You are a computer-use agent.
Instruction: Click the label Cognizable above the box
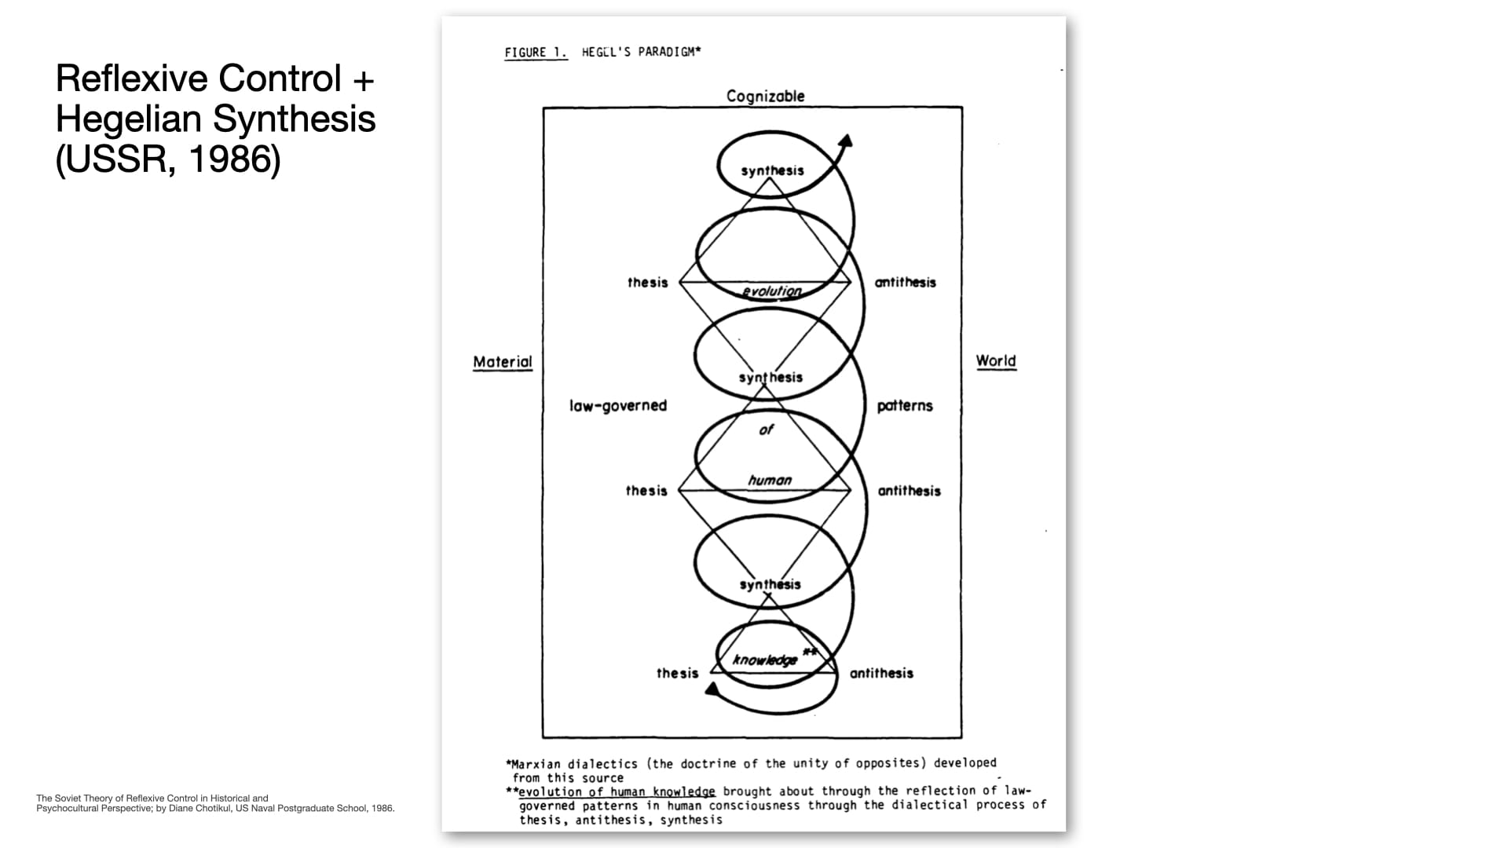766,97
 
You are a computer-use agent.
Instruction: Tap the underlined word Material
503,362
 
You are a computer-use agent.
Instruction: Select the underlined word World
996,361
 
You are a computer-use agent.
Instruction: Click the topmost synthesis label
772,170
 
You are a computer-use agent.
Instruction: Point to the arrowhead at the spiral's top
845,141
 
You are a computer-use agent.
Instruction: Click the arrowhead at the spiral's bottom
713,689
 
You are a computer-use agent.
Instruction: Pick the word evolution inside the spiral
772,291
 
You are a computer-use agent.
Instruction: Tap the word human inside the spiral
770,480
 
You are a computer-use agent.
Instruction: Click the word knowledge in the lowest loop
765,660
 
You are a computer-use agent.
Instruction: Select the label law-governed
618,406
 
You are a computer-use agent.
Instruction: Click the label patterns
905,406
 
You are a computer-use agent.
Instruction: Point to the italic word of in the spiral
767,429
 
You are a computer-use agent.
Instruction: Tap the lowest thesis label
677,673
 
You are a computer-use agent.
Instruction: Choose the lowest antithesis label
881,673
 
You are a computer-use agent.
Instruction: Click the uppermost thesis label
647,283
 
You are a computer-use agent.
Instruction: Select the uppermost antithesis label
906,283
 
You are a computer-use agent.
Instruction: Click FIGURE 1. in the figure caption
536,53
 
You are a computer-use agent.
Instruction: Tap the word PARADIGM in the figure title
667,52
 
